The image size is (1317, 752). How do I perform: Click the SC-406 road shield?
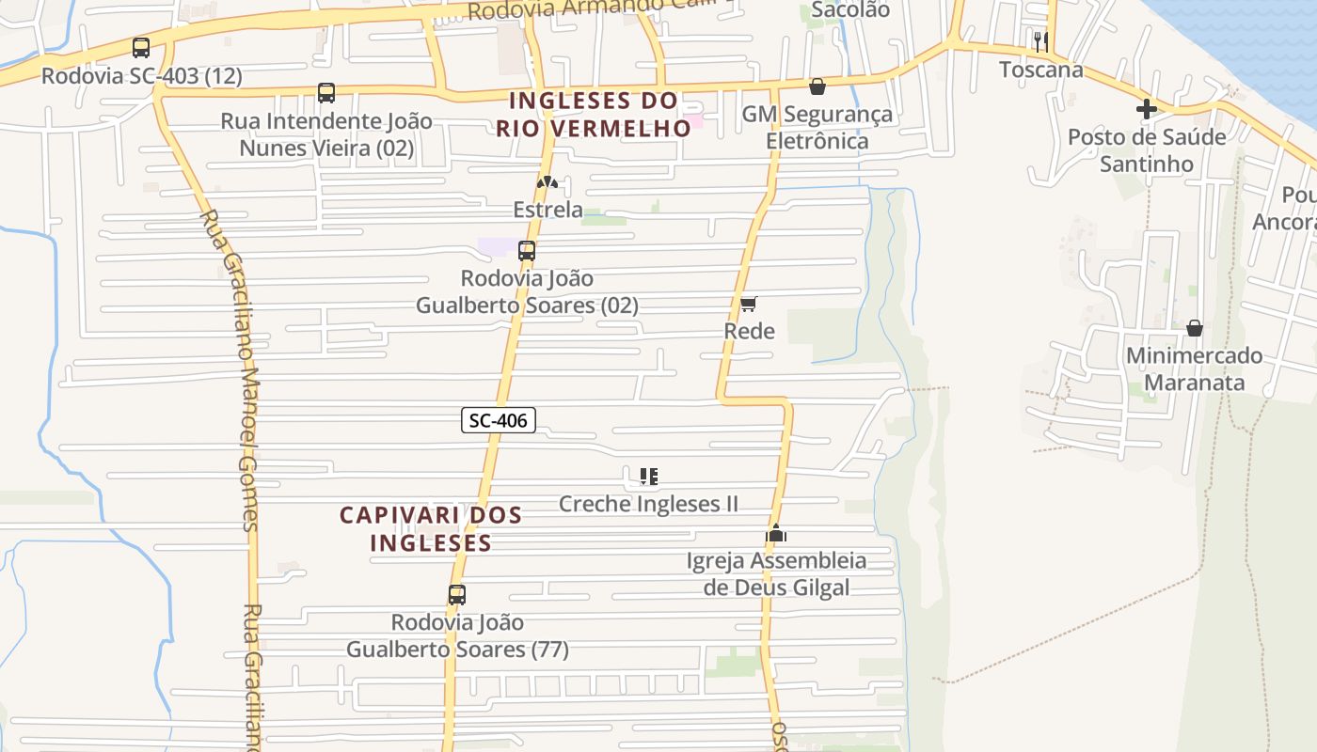tap(499, 420)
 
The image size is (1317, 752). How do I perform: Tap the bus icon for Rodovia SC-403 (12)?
tap(141, 48)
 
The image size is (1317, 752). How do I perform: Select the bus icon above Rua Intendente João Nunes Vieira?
tap(326, 93)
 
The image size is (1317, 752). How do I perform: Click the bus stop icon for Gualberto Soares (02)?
tap(527, 251)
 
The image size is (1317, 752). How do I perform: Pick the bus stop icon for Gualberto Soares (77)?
tap(457, 595)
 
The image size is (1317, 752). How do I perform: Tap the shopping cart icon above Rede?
tap(749, 304)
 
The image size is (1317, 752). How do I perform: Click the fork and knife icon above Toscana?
tap(1040, 41)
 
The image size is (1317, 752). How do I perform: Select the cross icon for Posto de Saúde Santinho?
tap(1147, 109)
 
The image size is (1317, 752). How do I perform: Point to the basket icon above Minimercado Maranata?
tap(1195, 328)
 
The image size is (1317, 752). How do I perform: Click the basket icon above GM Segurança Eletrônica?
tap(817, 86)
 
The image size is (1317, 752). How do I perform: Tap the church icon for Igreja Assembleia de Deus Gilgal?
tap(776, 533)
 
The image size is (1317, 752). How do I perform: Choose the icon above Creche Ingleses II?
tap(649, 477)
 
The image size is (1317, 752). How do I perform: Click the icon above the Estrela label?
tap(547, 181)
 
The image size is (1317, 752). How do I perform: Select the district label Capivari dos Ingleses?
tap(431, 528)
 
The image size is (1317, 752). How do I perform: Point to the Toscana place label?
tap(1040, 70)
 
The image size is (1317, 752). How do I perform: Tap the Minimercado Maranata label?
tap(1195, 369)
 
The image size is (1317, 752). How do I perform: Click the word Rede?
tap(750, 331)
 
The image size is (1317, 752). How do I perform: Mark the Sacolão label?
tap(850, 9)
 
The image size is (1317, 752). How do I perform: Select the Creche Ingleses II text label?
tap(649, 504)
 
